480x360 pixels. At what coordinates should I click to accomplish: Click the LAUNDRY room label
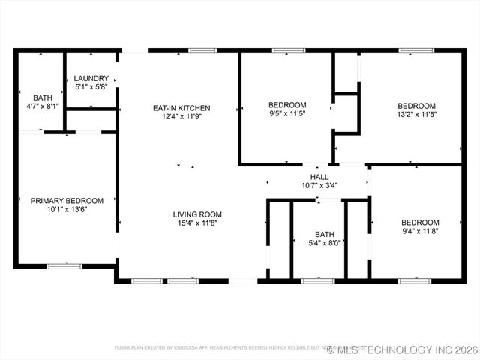tap(91, 78)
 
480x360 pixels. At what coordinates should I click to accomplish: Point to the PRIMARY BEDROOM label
tap(67, 201)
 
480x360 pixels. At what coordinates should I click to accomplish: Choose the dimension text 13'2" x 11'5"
tap(416, 115)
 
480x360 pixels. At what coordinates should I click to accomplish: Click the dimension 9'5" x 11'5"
tap(287, 113)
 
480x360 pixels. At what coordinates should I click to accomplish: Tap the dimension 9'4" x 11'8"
tap(420, 232)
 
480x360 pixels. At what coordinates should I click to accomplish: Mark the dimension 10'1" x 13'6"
tap(67, 210)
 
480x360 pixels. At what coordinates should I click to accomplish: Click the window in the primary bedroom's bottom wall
tap(64, 265)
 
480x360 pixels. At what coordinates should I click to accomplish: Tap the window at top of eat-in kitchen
tap(202, 50)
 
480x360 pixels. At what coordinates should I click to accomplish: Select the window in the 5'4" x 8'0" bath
tap(318, 280)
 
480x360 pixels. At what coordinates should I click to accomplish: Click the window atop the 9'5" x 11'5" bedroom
tap(284, 50)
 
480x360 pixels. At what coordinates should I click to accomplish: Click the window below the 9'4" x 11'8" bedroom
tap(415, 280)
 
